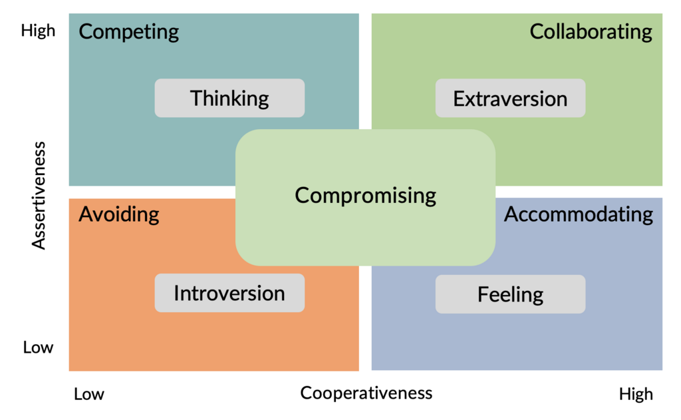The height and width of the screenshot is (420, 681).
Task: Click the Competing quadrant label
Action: tap(129, 32)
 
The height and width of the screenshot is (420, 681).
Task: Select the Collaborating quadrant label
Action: tap(591, 32)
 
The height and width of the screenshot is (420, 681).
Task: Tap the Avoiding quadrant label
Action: tap(119, 214)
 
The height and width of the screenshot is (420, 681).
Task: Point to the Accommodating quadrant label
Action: tap(579, 214)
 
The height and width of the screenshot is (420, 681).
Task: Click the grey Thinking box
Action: tap(229, 99)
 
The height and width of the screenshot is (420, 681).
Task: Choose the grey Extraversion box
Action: tap(510, 99)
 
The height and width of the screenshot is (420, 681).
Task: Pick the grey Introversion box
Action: tap(229, 293)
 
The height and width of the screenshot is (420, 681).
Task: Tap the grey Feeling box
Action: tap(510, 294)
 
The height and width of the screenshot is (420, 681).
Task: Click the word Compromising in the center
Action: tap(365, 195)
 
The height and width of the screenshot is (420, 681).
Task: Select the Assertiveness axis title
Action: tap(40, 196)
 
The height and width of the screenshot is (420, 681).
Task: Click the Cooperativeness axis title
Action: tap(366, 393)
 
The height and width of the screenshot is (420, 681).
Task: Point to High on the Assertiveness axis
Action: tap(38, 31)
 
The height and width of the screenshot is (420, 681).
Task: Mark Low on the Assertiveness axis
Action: tap(38, 347)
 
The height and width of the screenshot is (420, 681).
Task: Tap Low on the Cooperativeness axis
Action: tap(89, 394)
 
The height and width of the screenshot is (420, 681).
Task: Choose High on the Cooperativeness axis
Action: tap(636, 394)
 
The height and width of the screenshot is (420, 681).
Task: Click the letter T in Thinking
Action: tap(197, 99)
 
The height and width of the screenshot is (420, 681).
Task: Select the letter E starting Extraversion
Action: tap(459, 99)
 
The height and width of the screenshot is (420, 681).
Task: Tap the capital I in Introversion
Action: tap(176, 293)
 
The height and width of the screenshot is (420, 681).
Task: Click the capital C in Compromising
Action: tap(302, 196)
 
